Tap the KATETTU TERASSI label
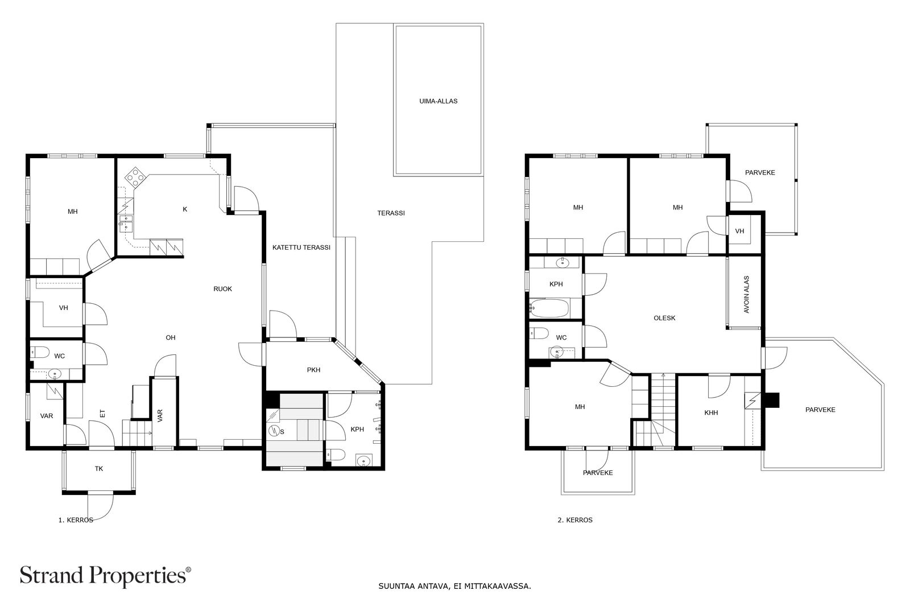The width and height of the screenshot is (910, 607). coord(301,247)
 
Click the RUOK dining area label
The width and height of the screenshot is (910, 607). coord(222,289)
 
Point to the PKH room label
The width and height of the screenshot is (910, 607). coord(313,370)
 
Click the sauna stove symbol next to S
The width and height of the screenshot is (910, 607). coord(273,431)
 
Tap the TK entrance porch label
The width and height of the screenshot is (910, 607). coord(99,469)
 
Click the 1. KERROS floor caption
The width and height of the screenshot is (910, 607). coord(76,520)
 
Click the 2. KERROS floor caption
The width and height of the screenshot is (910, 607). coord(575,520)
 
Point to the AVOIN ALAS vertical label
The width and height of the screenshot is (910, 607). coord(746,294)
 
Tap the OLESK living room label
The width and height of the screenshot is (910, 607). coord(664,318)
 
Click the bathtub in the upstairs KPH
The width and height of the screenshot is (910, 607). coord(548,309)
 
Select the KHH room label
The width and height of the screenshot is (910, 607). coord(711,413)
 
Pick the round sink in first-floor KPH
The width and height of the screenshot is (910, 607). coord(362,461)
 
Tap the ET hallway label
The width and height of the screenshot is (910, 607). coord(103,414)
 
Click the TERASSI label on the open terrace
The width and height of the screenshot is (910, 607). coord(391,213)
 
